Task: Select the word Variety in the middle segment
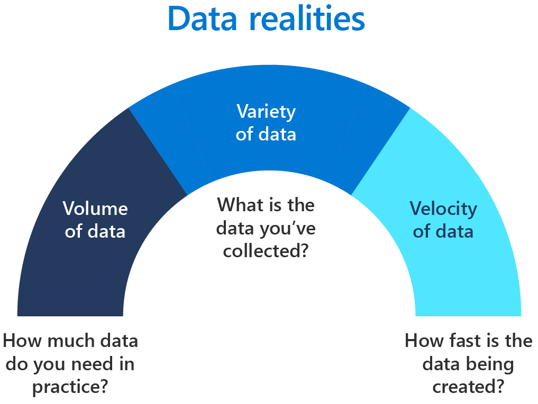[x=266, y=111]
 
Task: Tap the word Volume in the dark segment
[x=95, y=209]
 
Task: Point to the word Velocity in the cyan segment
[x=443, y=209]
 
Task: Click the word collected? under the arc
[x=266, y=251]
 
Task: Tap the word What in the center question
[x=238, y=204]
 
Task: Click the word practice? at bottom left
[x=70, y=387]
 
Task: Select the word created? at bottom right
[x=468, y=387]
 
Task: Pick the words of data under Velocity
[x=443, y=231]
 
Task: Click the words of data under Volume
[x=95, y=231]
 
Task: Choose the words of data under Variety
[x=266, y=134]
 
